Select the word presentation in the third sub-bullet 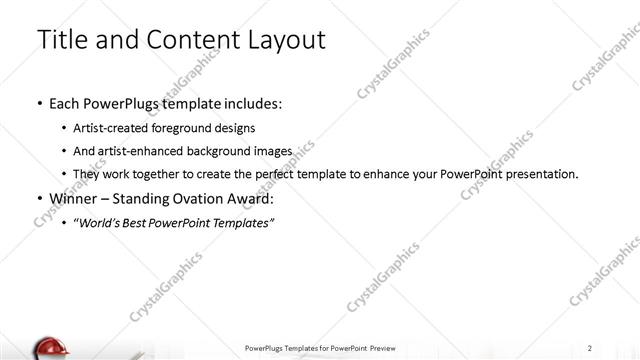[541, 174]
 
